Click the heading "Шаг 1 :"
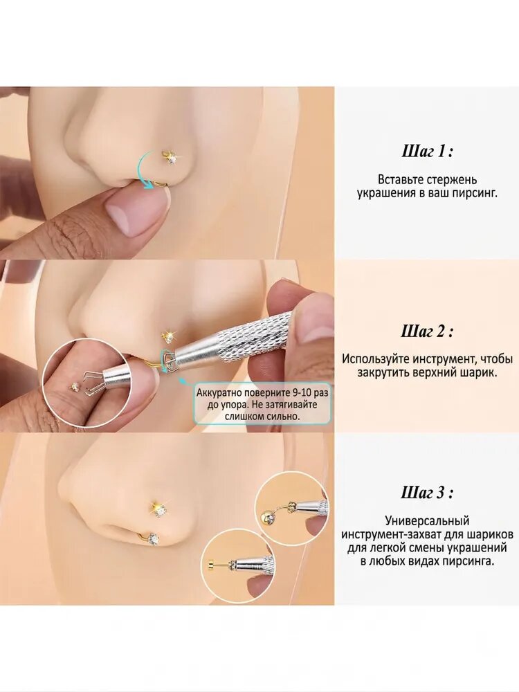tap(427, 152)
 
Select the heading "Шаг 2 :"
tap(427, 331)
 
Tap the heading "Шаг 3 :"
tap(427, 492)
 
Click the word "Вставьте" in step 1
tap(400, 180)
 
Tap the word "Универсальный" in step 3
tap(427, 521)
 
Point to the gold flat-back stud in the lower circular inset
tap(211, 563)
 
